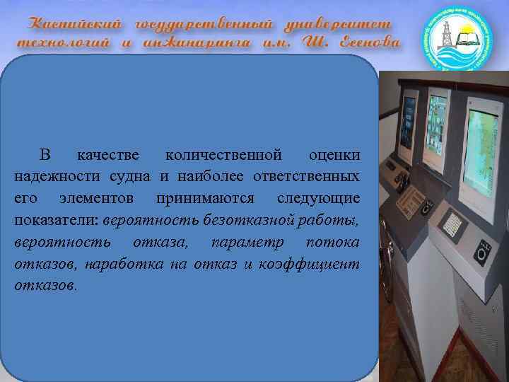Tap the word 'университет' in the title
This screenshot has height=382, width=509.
340,23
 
